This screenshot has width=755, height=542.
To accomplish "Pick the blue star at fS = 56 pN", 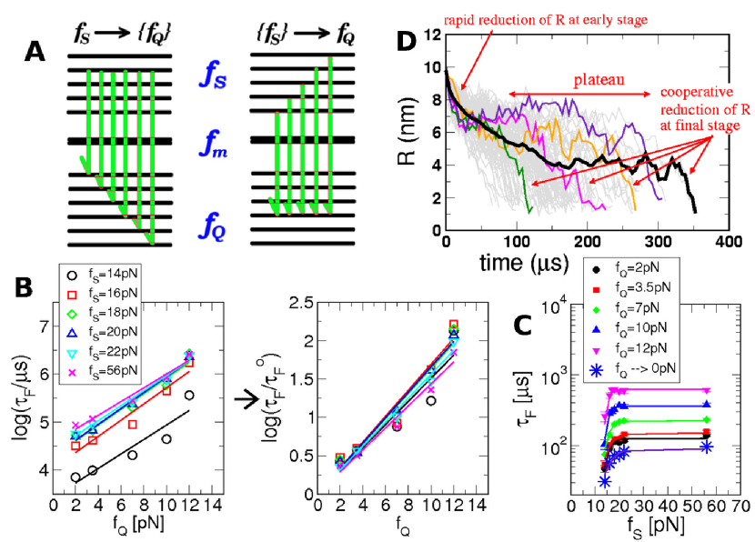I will click(705, 447).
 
